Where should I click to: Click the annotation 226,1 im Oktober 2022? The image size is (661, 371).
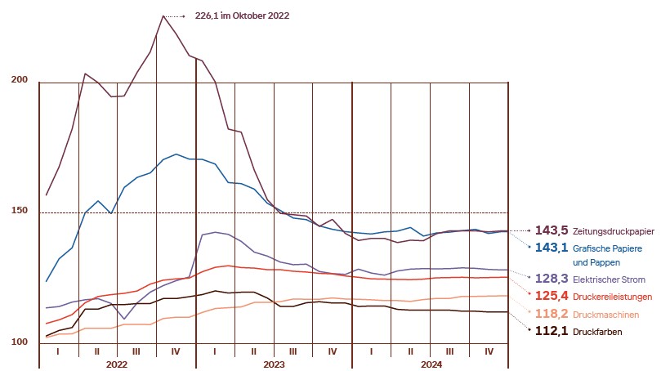[x=243, y=16]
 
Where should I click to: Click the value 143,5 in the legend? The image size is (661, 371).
[x=552, y=231]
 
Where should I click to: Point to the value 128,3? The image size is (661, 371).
[x=552, y=279]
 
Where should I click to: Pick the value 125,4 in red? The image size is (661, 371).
[x=552, y=297]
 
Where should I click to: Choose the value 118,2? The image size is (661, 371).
[x=552, y=315]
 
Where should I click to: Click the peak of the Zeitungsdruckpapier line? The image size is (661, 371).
[x=163, y=16]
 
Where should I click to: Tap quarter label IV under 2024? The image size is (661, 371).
[x=489, y=351]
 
